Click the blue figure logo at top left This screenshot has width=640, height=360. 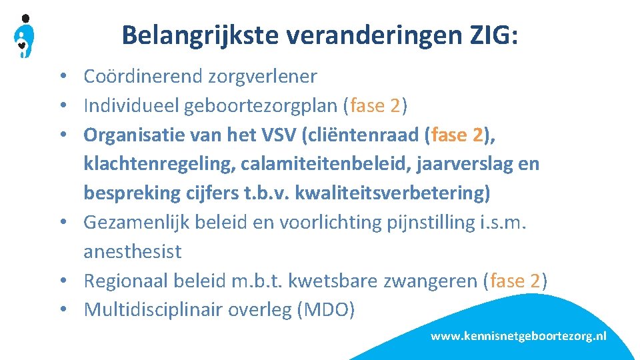[25, 37]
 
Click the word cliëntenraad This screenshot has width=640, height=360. [361, 135]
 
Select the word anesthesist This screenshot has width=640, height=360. [133, 251]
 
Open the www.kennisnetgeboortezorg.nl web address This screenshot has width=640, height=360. [518, 337]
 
